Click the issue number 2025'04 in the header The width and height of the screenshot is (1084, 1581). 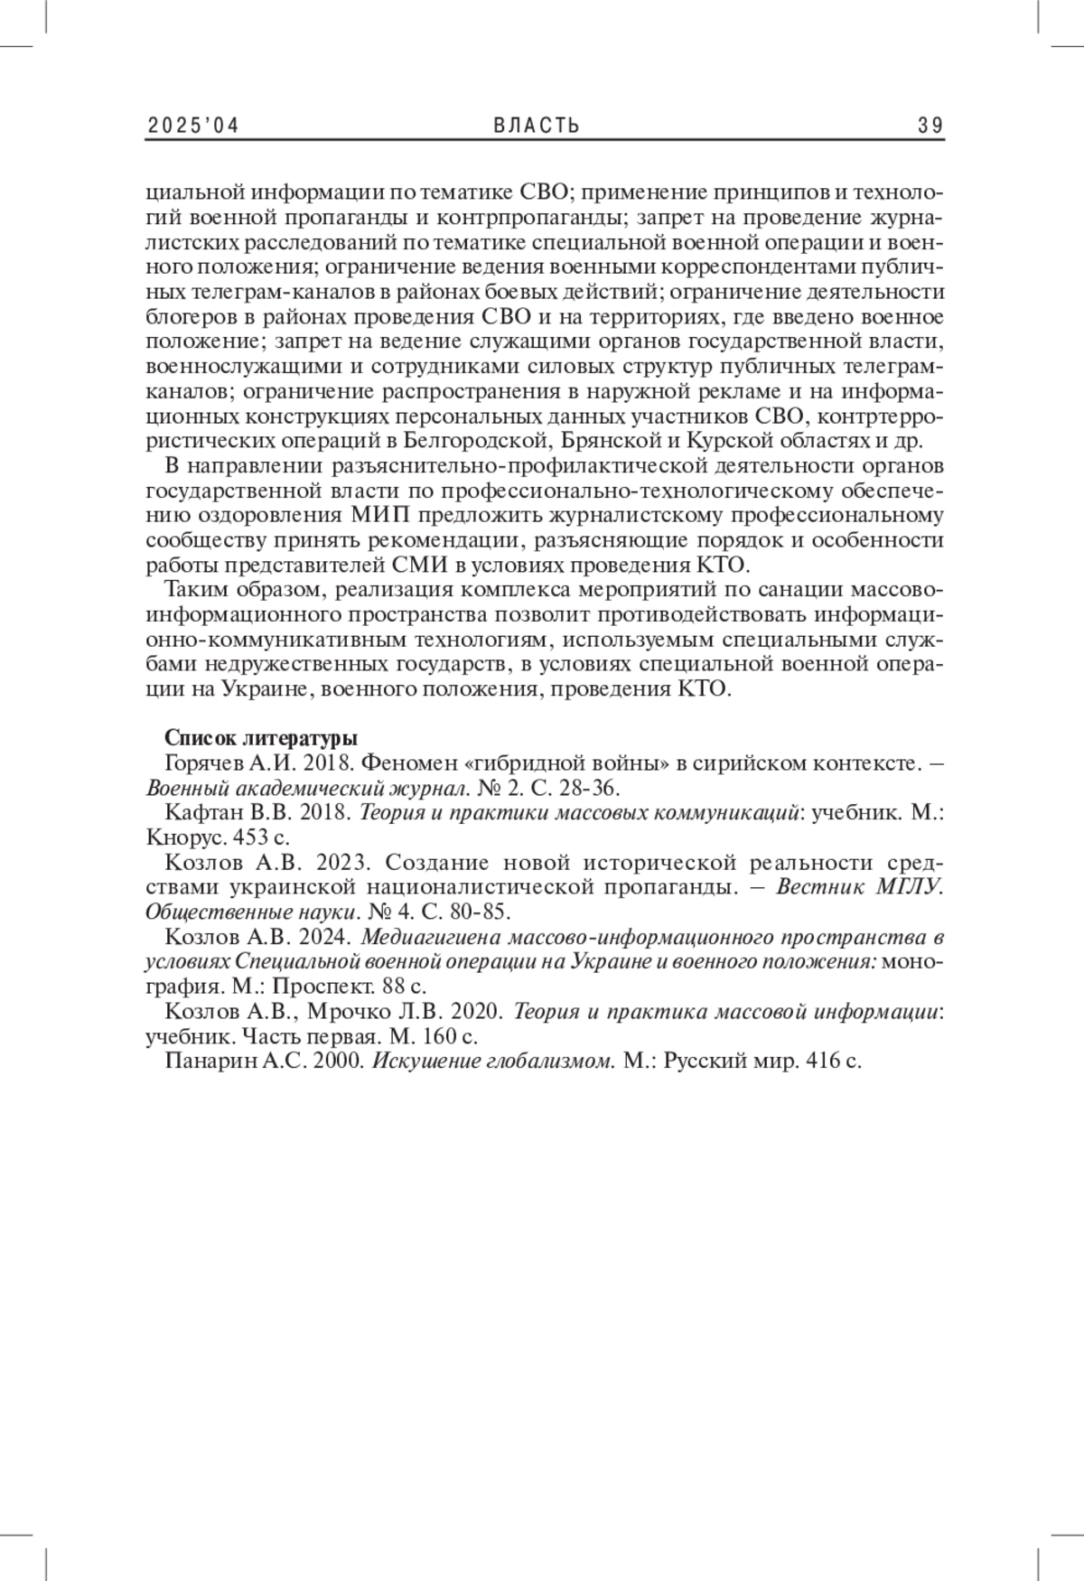tap(192, 126)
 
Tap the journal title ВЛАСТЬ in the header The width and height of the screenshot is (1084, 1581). tap(537, 126)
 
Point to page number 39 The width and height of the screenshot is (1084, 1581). tap(930, 126)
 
